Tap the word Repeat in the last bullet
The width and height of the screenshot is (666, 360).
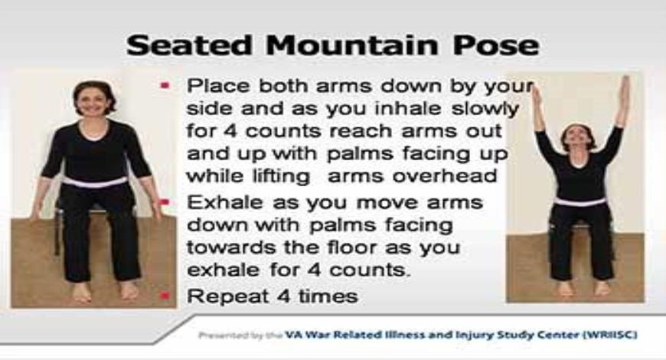point(221,296)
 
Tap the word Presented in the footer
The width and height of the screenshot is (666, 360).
point(221,335)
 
